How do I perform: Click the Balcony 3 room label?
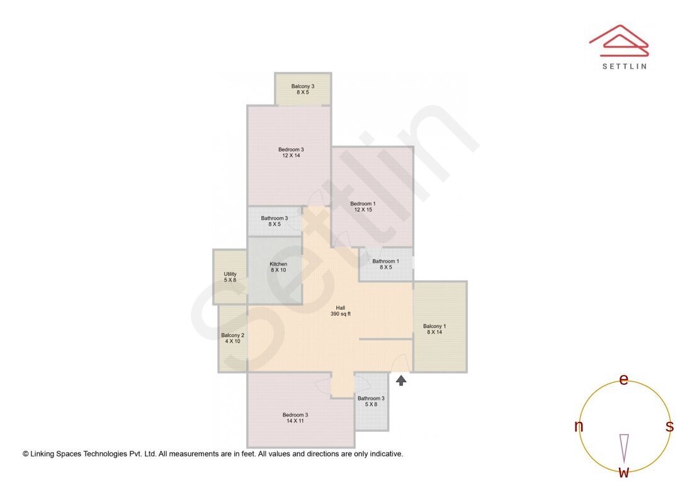click(302, 86)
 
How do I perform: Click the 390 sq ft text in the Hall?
click(340, 314)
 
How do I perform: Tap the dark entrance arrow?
click(401, 380)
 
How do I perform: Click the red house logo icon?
click(619, 41)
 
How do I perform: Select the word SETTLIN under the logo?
click(624, 66)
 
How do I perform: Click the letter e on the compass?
click(624, 380)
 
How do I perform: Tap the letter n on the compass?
click(579, 427)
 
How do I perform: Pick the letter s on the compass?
click(669, 427)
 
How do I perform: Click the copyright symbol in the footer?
click(26, 454)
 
